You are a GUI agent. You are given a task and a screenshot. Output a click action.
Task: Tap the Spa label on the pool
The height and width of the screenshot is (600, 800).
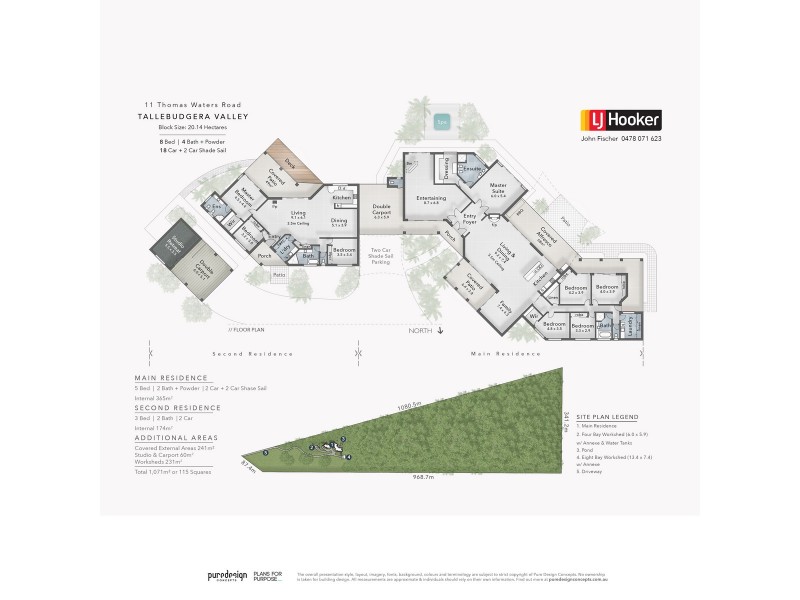coord(442,123)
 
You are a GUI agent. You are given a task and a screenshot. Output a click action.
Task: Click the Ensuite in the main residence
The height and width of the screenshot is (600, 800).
coord(471,170)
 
